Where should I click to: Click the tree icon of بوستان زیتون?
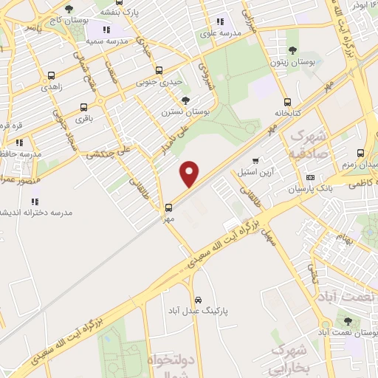click(x=293, y=51)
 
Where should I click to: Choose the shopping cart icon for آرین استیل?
click(x=255, y=159)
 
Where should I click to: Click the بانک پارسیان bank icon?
click(x=310, y=177)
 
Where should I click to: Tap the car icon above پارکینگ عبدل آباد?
click(x=198, y=300)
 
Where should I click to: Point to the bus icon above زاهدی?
click(x=50, y=75)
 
